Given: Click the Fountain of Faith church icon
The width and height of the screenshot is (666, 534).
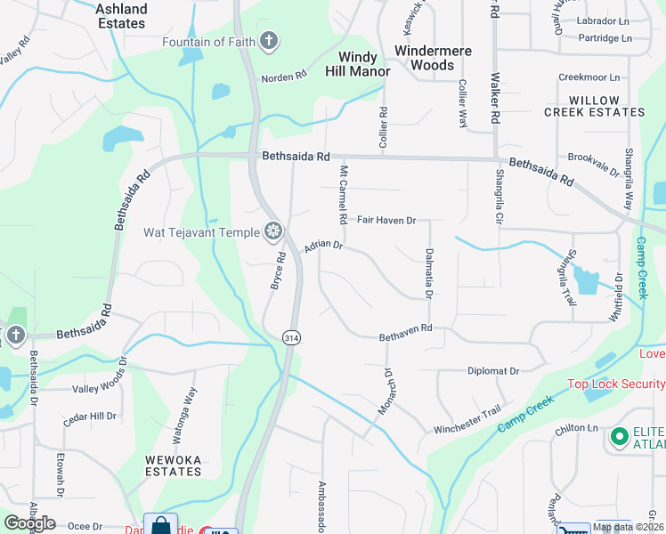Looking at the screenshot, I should click(269, 41).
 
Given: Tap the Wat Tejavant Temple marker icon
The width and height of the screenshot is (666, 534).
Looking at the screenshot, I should click(273, 232).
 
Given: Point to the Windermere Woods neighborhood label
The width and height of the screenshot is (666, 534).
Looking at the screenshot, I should click(433, 58).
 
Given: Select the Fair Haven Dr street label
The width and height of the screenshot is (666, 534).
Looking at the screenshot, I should click(386, 220).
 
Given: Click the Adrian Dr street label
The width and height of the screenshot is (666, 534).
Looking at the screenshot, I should click(323, 246).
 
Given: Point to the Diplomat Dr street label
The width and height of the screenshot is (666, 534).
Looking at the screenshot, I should click(492, 370).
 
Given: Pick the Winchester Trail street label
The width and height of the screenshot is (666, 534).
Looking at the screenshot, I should click(467, 423).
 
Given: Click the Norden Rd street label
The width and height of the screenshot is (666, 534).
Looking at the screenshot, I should click(283, 78).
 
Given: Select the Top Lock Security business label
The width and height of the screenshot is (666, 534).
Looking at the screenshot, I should click(616, 384).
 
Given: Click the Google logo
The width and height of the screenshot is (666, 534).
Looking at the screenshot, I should click(29, 523).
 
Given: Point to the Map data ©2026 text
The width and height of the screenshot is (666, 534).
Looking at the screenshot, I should click(627, 528).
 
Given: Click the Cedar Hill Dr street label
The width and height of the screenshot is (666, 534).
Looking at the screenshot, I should click(89, 416).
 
